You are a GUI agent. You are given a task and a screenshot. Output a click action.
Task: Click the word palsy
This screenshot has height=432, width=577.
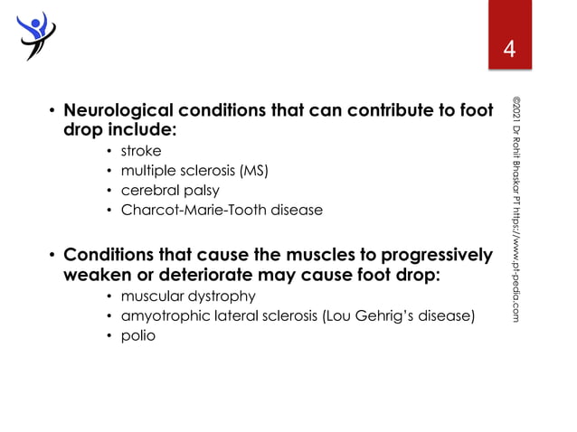pos(202,191)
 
